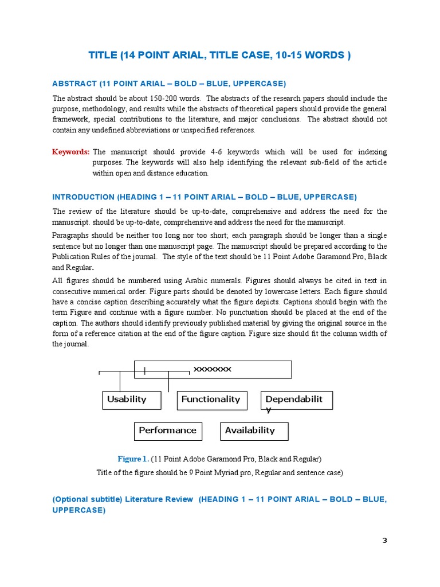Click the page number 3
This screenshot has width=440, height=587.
pyautogui.click(x=384, y=541)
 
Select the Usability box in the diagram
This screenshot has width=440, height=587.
pyautogui.click(x=132, y=400)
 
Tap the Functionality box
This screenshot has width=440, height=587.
pyautogui.click(x=211, y=400)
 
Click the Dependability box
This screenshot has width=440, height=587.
pyautogui.click(x=296, y=400)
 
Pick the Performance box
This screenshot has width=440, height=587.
pyautogui.click(x=168, y=431)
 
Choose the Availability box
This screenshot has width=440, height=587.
pyautogui.click(x=254, y=431)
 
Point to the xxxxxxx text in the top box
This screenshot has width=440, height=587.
pyautogui.click(x=213, y=369)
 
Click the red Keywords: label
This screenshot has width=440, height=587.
pyautogui.click(x=70, y=152)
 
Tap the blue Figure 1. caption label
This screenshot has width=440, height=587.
pyautogui.click(x=133, y=459)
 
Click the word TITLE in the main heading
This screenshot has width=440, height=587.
pyautogui.click(x=103, y=56)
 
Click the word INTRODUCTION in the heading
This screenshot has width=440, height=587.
pyautogui.click(x=84, y=197)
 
